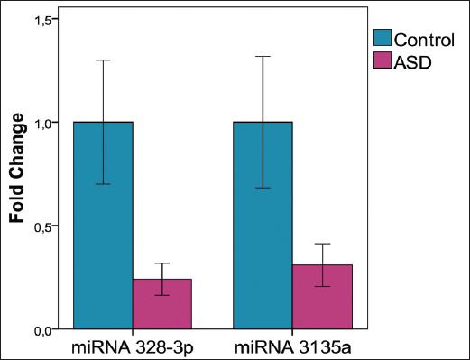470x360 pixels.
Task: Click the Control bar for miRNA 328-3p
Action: tap(103, 226)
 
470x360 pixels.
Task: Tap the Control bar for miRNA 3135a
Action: tap(263, 226)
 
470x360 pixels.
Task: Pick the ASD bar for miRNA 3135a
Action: tap(322, 297)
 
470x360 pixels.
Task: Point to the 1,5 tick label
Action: tap(44, 19)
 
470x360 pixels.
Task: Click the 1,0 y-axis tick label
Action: tap(44, 123)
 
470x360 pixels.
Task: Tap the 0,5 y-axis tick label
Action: tap(44, 226)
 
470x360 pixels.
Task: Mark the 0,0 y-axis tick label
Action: tap(44, 330)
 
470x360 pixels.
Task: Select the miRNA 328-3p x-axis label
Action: tap(132, 346)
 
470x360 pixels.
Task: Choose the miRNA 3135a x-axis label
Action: tap(291, 346)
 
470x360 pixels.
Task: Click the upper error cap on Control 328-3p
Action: tap(103, 60)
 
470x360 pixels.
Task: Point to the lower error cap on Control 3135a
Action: tap(263, 188)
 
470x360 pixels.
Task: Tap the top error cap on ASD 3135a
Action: tap(322, 244)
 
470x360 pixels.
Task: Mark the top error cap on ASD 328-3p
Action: tap(161, 263)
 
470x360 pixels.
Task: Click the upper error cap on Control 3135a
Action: tap(263, 56)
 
